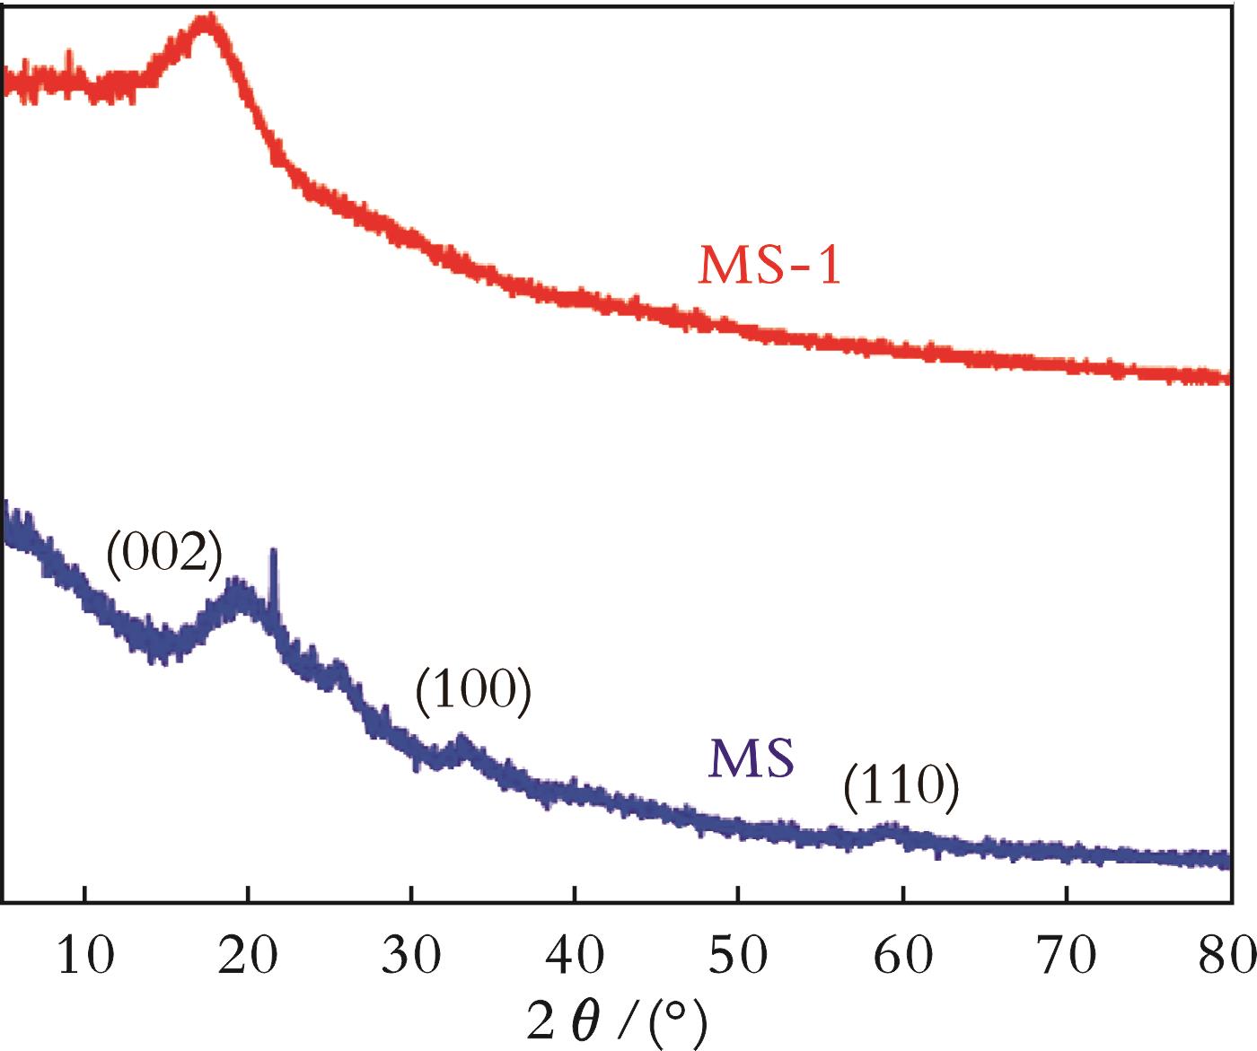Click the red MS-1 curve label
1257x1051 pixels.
770,266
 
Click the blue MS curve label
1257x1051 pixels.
752,758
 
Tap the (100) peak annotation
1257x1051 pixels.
473,692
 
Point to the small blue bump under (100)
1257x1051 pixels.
462,742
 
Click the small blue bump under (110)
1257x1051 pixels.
890,830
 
